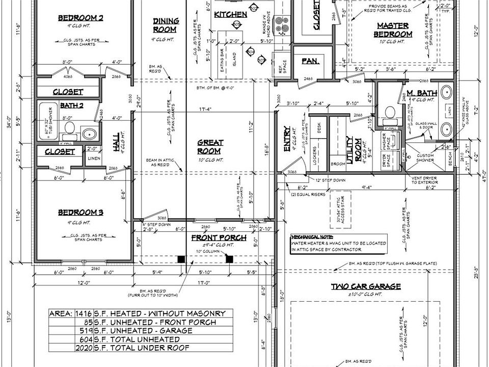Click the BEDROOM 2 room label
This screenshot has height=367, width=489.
80,18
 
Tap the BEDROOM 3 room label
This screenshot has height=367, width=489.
80,213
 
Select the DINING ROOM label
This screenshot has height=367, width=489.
166,25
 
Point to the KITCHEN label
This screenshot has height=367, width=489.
230,14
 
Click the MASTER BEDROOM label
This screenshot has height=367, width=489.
393,30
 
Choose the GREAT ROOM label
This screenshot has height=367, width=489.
209,147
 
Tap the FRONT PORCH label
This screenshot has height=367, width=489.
219,238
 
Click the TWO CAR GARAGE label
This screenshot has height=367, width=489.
366,286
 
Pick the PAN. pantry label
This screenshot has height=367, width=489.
310,61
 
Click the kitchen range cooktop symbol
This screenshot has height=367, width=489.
280,23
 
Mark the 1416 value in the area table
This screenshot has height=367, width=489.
84,313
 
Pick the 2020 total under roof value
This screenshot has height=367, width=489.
84,348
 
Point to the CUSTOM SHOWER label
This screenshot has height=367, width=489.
425,158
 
